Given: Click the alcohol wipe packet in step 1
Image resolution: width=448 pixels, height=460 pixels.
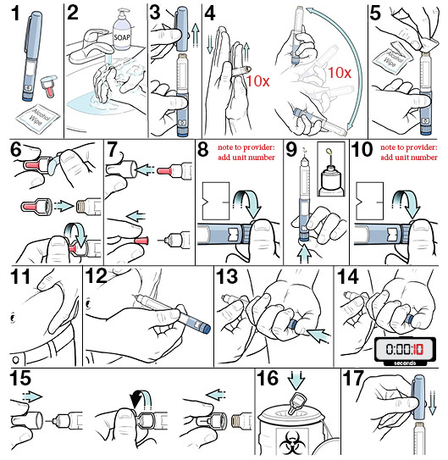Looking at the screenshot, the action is click(38, 118).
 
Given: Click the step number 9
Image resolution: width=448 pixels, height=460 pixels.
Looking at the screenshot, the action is click(291, 150).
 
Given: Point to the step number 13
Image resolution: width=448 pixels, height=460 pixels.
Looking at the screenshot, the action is click(227, 277).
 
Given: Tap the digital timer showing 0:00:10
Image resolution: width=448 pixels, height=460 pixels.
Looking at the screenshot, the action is click(405, 352).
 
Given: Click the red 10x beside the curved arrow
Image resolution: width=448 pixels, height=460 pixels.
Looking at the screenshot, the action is click(340, 73).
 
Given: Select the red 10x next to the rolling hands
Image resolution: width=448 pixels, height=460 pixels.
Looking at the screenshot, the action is click(257, 80).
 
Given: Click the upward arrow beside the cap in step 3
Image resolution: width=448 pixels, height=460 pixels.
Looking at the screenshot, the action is click(196, 36).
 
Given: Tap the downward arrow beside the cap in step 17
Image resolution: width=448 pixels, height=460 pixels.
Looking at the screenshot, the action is click(432, 402).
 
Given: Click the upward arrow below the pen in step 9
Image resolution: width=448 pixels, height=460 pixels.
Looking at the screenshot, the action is click(305, 254).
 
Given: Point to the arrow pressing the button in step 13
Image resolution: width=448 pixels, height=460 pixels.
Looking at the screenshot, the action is click(318, 335).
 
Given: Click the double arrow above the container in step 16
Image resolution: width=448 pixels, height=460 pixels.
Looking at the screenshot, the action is click(296, 380).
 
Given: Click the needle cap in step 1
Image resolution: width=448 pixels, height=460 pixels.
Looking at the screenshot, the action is click(49, 86).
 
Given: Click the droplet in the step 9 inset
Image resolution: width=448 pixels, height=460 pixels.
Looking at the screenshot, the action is click(329, 152).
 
